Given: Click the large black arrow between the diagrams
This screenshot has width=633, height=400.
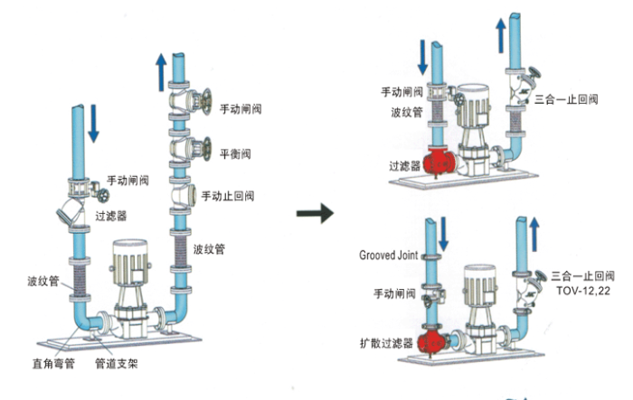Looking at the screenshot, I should [315, 215].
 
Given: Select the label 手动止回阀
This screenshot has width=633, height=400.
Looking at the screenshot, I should [228, 196].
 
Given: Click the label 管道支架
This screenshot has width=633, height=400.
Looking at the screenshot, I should [116, 367].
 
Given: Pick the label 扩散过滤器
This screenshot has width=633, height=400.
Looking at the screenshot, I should [384, 343].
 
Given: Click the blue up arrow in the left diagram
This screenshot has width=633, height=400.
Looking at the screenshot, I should [160, 72].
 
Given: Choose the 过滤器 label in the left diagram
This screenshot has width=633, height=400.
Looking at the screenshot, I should [111, 217].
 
